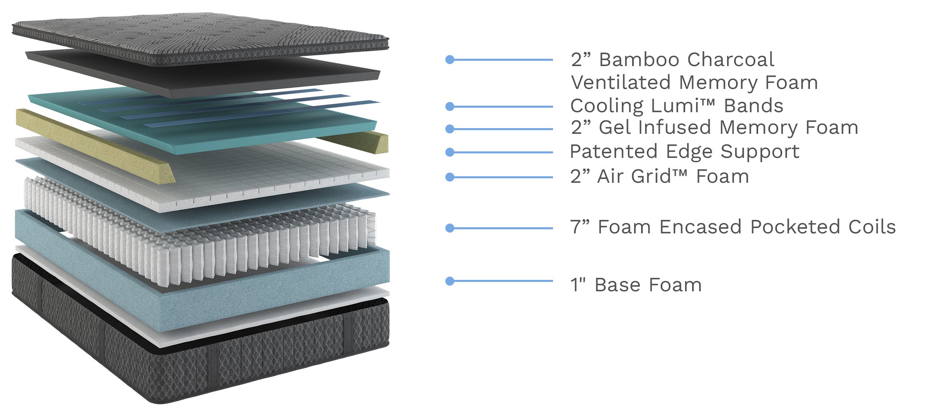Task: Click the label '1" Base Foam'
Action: tap(635, 285)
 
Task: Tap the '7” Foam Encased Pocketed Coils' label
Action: tap(732, 227)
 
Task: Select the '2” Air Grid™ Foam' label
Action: tap(659, 177)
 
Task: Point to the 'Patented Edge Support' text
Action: tap(684, 152)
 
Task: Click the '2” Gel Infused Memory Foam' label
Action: tap(714, 127)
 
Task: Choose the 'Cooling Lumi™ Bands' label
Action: tap(677, 106)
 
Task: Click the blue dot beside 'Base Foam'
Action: tap(450, 281)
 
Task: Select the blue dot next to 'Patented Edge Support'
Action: tap(450, 152)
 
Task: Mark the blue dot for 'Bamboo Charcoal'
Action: tap(450, 60)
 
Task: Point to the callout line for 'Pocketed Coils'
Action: tap(502, 228)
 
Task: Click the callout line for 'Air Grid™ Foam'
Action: tap(502, 177)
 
